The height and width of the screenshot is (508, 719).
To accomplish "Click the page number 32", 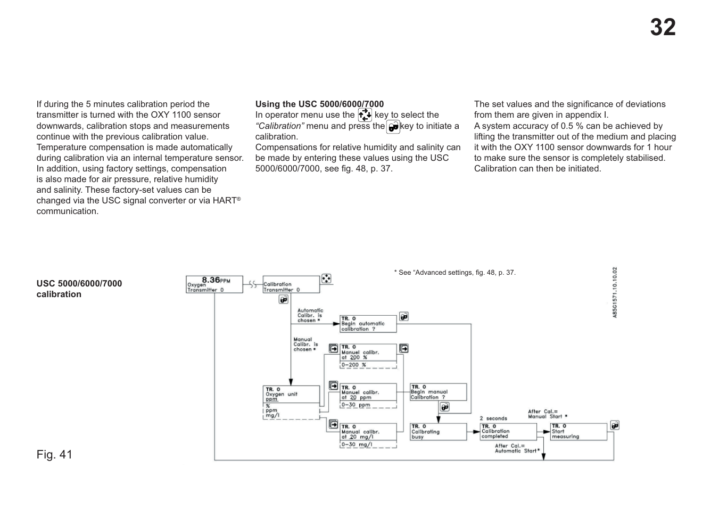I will (663, 27).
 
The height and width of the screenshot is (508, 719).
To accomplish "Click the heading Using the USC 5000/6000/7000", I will (319, 104).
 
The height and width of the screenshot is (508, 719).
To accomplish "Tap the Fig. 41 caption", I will (54, 454).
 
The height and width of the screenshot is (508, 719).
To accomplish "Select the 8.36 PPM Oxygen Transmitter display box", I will (214, 284).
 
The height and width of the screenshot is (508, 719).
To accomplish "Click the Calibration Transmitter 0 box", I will (291, 284).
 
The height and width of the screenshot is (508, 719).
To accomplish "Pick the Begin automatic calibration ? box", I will (368, 324).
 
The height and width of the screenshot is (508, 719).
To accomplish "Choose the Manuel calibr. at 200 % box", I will (368, 353).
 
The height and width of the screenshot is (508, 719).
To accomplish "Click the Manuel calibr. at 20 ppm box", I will (368, 393).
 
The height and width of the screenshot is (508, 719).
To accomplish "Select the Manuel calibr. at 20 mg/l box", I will (368, 432).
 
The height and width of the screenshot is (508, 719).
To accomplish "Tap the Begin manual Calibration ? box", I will (437, 392).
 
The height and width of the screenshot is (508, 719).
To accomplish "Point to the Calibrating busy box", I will (437, 432).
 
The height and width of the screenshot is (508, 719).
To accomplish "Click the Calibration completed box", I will (508, 432).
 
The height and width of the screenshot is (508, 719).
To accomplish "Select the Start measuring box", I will (578, 432).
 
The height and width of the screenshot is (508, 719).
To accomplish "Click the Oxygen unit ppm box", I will (291, 394).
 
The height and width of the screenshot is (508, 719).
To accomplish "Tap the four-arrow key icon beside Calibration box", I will (326, 278).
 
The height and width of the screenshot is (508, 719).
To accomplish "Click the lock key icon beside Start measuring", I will (615, 425).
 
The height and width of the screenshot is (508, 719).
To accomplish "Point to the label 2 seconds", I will (493, 419).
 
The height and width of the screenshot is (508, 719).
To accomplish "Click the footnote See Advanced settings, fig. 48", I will (455, 273).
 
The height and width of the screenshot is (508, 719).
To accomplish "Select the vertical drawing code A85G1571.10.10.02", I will (615, 292).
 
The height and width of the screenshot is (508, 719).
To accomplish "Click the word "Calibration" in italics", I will (279, 126).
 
